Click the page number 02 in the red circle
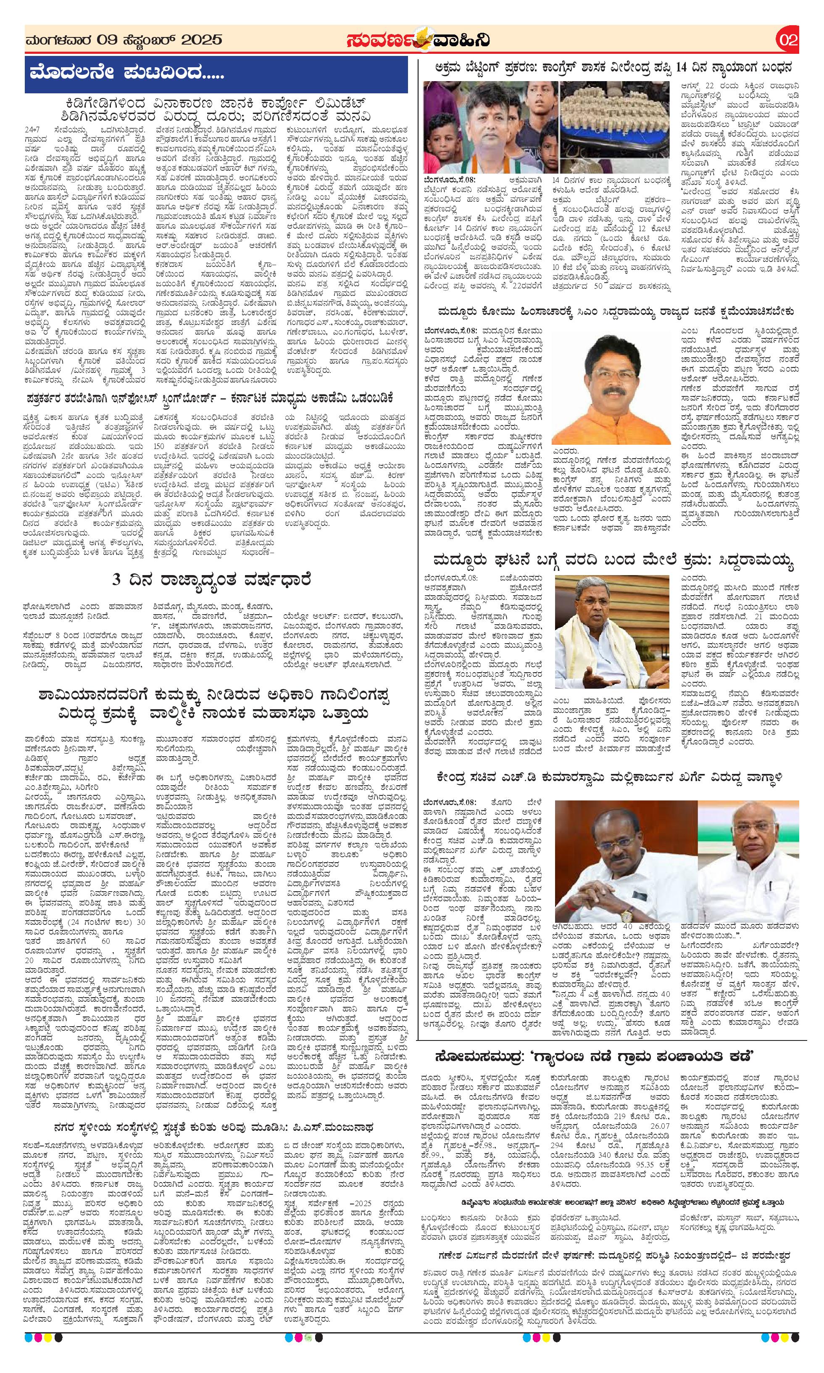(x=787, y=40)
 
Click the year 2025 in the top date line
(x=202, y=40)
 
